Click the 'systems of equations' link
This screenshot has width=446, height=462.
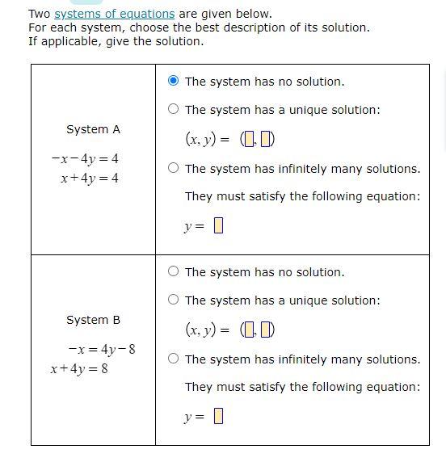click(114, 14)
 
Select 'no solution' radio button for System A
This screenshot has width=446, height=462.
click(174, 81)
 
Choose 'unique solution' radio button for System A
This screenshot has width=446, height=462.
click(174, 109)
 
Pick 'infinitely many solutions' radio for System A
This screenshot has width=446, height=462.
click(174, 168)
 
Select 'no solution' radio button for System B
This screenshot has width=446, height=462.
click(174, 271)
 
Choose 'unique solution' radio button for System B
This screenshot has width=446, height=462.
click(174, 300)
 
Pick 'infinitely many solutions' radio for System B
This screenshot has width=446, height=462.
click(174, 359)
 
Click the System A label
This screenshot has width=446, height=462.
click(93, 129)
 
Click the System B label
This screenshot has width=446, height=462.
click(93, 320)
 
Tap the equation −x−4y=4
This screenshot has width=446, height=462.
click(85, 158)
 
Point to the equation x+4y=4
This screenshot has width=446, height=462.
click(89, 178)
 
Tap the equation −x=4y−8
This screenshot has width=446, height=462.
click(102, 349)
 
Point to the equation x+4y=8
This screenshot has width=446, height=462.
click(90, 368)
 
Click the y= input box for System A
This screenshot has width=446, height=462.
click(217, 226)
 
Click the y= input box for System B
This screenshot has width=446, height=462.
click(217, 417)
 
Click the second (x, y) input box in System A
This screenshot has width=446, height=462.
click(267, 140)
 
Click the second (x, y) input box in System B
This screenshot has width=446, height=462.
click(267, 330)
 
